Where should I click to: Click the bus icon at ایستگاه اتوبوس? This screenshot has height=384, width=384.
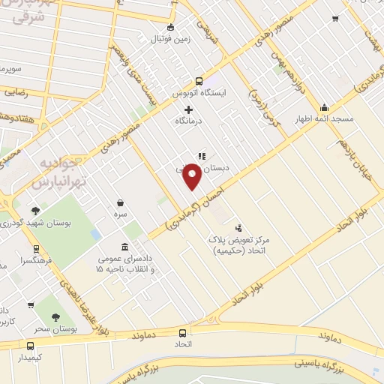coord(199,82)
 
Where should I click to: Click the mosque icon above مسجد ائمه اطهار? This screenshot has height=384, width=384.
coord(324,106)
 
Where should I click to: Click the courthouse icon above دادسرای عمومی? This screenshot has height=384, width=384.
coord(124,247)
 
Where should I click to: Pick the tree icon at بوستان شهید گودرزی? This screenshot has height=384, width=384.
coord(36,211)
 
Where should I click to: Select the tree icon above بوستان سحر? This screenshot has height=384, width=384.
coord(57,316)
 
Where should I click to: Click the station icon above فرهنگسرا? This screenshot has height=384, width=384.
coord(36,250)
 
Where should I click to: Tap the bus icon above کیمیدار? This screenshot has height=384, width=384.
coord(31,346)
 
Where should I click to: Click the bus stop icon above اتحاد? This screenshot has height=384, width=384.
coord(183,332)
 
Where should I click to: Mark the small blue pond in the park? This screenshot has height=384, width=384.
coord(95,235)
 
